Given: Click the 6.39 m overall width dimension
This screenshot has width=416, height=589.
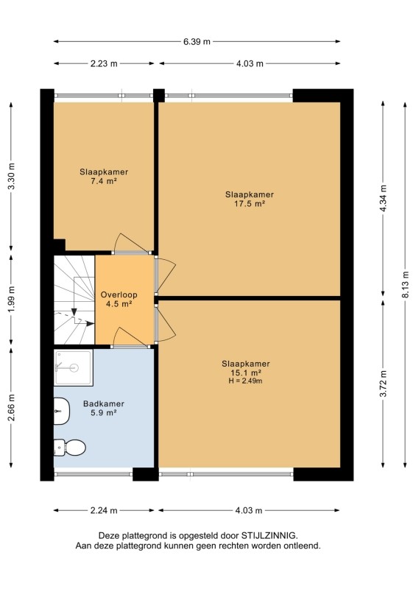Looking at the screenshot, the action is [197, 42].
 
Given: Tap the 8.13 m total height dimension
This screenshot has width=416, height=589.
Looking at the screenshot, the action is [406, 284].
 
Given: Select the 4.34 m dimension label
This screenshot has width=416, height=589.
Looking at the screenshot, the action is [383, 198].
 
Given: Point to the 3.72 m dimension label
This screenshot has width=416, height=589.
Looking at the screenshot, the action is [383, 383].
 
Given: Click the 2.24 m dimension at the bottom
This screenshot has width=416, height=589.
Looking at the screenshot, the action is [104, 510].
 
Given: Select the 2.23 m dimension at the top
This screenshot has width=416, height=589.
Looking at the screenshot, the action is [104, 63].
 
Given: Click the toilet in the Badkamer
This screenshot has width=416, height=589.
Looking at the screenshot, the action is [69, 448].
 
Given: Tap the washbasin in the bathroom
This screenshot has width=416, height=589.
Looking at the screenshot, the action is [62, 412].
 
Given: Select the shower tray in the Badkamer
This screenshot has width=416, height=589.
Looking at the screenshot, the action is [74, 367].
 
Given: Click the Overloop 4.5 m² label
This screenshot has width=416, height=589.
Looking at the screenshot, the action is [119, 300].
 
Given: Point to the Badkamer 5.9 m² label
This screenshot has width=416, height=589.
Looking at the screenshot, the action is [104, 408].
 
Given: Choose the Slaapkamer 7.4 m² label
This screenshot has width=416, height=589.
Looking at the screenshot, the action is [104, 177].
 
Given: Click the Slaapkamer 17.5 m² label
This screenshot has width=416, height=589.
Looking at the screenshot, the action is [250, 199].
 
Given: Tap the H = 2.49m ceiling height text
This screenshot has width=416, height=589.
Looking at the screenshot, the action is [246, 381].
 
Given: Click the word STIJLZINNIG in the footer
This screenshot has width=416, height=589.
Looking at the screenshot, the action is [269, 536].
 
